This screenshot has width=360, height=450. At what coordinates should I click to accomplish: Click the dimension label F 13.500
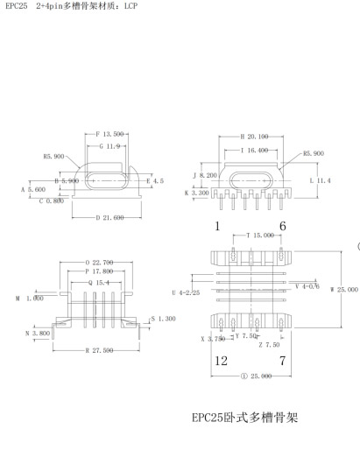[109, 135]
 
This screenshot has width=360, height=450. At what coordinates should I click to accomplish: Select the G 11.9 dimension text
[109, 146]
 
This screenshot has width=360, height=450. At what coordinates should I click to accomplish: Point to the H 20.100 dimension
[254, 137]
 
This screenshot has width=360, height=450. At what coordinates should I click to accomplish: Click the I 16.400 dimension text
[255, 151]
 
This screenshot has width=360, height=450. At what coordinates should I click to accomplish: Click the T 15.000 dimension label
[260, 236]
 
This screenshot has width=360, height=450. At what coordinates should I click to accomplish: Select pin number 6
[282, 225]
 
